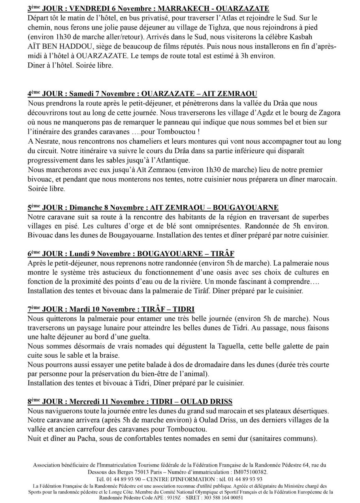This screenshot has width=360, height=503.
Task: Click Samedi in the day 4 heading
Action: [x=83, y=94]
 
